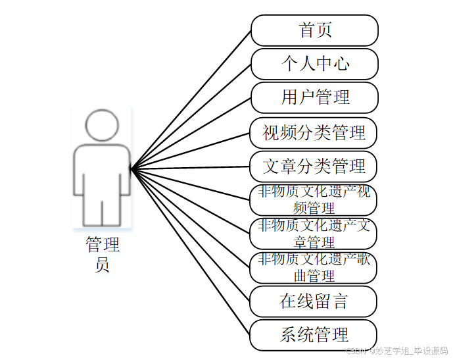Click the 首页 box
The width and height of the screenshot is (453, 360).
pyautogui.click(x=314, y=30)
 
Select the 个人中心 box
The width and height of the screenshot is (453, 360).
pyautogui.click(x=314, y=64)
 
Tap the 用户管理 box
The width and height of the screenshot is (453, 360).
pyautogui.click(x=314, y=97)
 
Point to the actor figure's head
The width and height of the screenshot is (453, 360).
pyautogui.click(x=101, y=125)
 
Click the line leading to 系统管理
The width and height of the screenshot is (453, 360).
pyautogui.click(x=191, y=252)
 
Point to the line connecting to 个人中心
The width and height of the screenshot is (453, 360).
pyautogui.click(x=191, y=116)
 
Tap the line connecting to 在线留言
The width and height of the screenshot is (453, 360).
pyautogui.click(x=191, y=236)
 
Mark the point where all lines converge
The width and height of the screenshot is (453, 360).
pyautogui.click(x=131, y=169)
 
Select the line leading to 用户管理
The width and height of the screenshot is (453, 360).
pyautogui.click(x=191, y=134)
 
